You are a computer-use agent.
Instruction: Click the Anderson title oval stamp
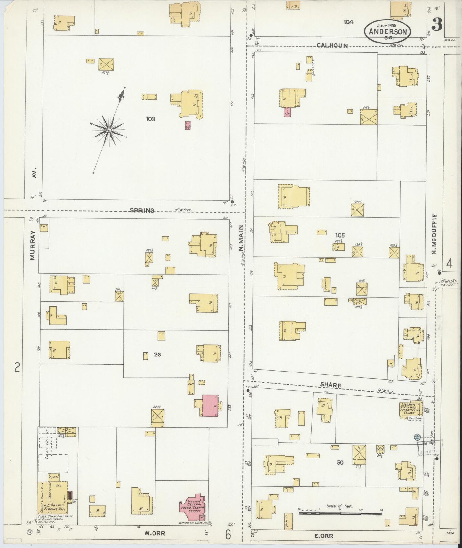(x=388, y=31)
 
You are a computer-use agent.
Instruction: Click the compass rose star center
(x=109, y=130)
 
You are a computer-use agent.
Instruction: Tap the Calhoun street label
(x=332, y=46)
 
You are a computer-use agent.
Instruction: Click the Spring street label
(x=142, y=210)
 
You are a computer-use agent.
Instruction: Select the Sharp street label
(x=331, y=385)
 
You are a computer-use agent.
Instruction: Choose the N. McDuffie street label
(x=434, y=235)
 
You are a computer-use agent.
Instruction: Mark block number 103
(x=151, y=119)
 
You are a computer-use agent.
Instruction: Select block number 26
(x=157, y=354)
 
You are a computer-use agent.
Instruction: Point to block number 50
(x=340, y=462)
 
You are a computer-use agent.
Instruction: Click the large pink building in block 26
(x=210, y=405)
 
